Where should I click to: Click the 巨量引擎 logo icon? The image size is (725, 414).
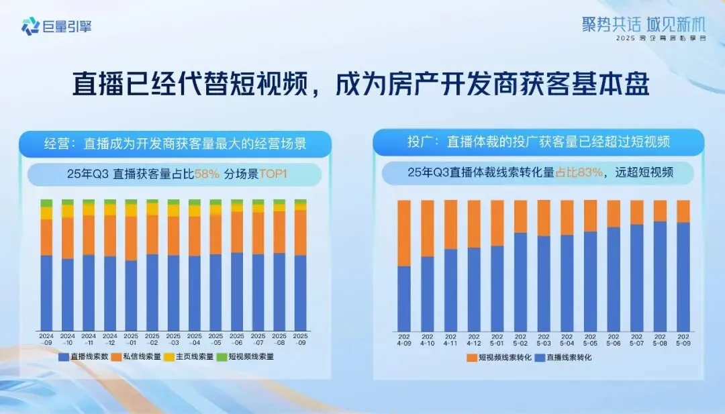[30, 27]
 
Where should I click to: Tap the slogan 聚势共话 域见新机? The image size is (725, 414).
[644, 25]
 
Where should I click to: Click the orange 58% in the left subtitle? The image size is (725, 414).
[207, 174]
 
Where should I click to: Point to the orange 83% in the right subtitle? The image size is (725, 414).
[589, 172]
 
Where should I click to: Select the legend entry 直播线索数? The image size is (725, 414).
[84, 357]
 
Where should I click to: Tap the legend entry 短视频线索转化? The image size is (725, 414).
[499, 358]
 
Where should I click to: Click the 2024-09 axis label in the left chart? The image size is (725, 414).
[46, 339]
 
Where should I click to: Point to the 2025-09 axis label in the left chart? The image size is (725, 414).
[301, 339]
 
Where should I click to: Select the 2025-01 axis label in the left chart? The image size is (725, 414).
[131, 339]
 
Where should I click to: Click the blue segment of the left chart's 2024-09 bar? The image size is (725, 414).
[46, 292]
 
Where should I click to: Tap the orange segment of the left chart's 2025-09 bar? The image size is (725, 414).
[301, 232]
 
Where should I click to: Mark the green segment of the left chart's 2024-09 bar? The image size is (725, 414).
[46, 203]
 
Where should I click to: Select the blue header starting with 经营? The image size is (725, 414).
[175, 144]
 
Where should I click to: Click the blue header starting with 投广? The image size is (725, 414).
[538, 142]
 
